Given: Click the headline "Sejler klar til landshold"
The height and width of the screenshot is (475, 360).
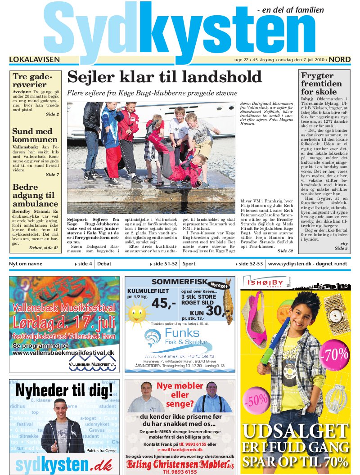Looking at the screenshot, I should tap(164, 77).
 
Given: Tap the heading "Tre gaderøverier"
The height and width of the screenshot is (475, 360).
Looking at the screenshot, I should tap(32, 81).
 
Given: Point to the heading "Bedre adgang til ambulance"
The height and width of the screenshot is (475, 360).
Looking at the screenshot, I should tap(34, 195).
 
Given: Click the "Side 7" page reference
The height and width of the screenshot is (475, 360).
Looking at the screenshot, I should tap(52, 174).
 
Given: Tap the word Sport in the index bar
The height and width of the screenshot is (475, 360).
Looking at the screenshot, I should tap(188, 264).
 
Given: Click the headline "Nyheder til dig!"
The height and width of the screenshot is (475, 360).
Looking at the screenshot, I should tap(64, 390).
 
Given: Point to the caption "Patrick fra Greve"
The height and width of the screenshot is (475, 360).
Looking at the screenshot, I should tap(101, 450).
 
